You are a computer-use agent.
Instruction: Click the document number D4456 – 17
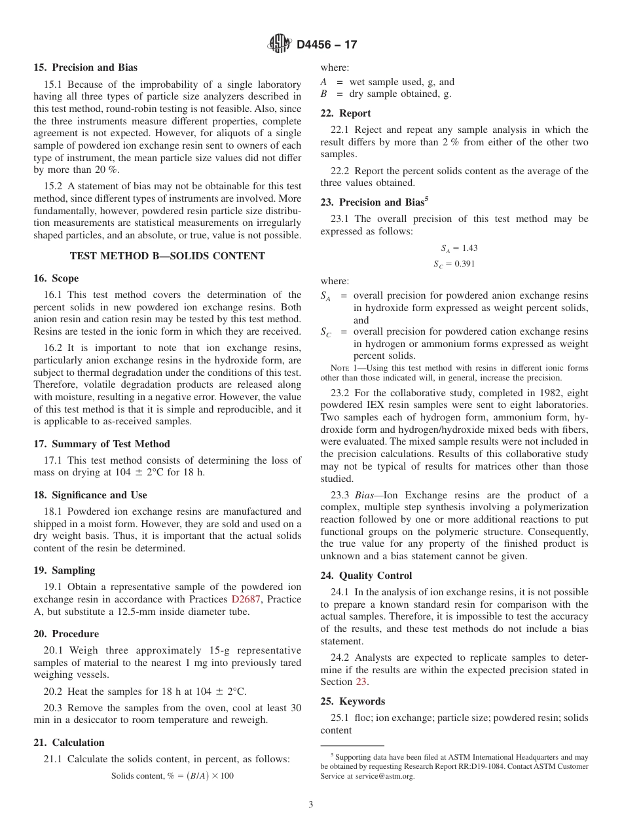pos(326,45)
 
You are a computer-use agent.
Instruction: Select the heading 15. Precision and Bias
pos(86,67)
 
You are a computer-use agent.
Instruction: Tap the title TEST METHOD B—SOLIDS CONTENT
pos(168,256)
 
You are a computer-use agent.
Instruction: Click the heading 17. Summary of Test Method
pos(101,444)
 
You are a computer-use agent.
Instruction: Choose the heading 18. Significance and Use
pos(90,495)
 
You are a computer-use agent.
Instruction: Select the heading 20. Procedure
pos(66,634)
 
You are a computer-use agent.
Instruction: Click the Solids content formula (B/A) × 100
pos(172,776)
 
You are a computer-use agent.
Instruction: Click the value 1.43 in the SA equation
pos(468,248)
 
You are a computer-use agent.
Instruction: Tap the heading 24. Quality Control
pos(366,576)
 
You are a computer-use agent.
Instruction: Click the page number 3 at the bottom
pos(311,805)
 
